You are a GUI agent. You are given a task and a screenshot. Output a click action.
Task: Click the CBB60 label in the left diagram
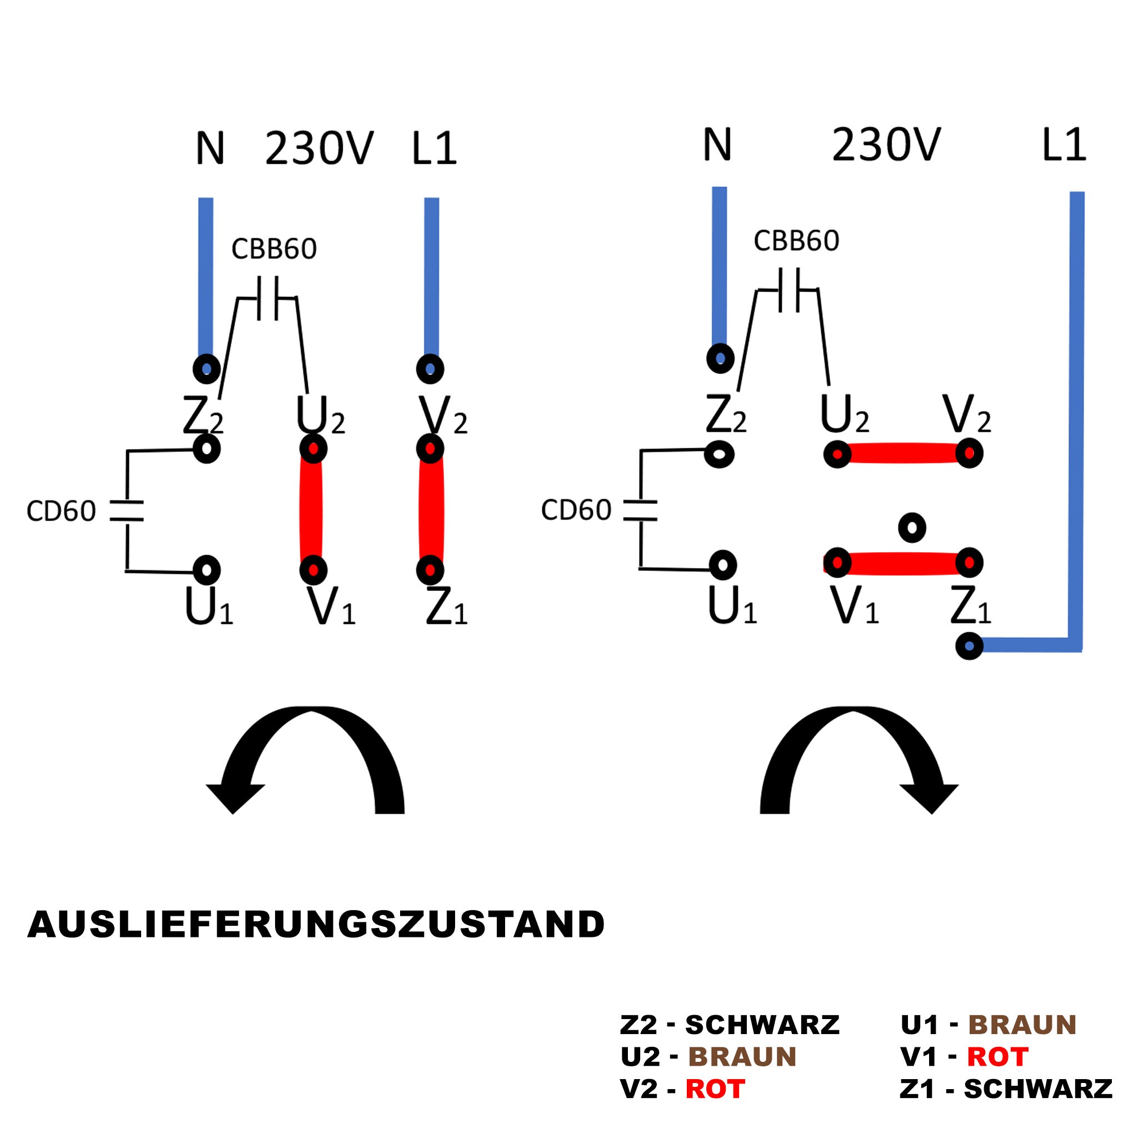tap(274, 249)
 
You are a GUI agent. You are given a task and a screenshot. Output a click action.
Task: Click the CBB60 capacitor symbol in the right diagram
tap(788, 290)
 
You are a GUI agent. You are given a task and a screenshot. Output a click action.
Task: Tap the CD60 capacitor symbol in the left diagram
tap(127, 511)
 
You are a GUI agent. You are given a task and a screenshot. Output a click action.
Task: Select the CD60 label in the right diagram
tap(576, 510)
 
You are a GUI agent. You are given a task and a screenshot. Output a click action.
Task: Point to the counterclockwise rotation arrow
tap(306, 759)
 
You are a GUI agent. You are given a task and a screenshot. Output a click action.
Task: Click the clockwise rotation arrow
tap(859, 759)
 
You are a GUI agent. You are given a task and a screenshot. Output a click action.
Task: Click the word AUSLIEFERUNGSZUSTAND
tap(316, 924)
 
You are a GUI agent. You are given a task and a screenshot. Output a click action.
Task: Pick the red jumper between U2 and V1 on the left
tap(311, 510)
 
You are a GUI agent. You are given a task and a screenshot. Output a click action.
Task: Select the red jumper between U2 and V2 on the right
tap(903, 453)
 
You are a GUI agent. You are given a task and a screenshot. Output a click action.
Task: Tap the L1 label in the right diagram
tap(1064, 145)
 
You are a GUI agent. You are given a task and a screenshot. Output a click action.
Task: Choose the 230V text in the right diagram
tap(886, 145)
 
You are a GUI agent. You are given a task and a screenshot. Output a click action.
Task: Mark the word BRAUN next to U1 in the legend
tap(1022, 1025)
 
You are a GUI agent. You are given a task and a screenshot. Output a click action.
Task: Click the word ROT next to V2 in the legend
tap(715, 1089)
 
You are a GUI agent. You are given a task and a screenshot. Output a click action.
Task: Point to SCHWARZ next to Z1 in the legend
tap(1038, 1089)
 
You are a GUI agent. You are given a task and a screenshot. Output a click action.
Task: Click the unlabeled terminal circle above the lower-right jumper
tap(912, 528)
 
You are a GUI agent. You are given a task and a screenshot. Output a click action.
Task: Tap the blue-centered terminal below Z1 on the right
tap(969, 646)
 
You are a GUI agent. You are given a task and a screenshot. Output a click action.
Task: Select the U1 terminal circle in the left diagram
tap(207, 570)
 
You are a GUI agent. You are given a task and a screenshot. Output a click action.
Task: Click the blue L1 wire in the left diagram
tap(432, 277)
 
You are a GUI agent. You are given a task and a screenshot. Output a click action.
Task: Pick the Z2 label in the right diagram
tap(726, 415)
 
